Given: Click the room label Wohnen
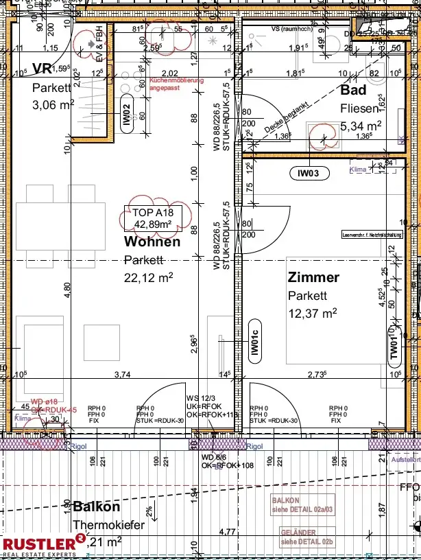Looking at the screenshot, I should pos(152,242).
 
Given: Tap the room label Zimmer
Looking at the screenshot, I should pos(313,277).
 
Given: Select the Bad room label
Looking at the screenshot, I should pos(354,90).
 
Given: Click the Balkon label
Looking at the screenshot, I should pos(97,507).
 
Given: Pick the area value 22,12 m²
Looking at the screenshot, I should pos(148,277).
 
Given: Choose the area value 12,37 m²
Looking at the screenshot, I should pos(312,313).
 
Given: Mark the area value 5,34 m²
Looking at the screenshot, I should pos(361,126).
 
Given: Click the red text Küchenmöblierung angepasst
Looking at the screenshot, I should pos(176,84).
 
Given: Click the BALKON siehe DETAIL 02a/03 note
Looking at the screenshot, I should pos(304,504).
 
